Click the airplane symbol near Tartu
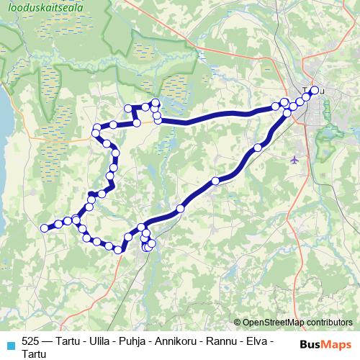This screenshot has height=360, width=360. click(x=296, y=159)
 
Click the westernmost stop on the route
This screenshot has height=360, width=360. click(x=45, y=228)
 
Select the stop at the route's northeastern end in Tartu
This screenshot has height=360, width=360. click(x=314, y=90)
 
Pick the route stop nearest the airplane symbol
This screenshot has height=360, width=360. click(x=258, y=148)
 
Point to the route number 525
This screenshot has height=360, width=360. click(x=31, y=341)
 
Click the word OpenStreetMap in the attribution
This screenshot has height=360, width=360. click(x=274, y=323)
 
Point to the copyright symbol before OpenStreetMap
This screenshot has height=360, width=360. click(x=238, y=323)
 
